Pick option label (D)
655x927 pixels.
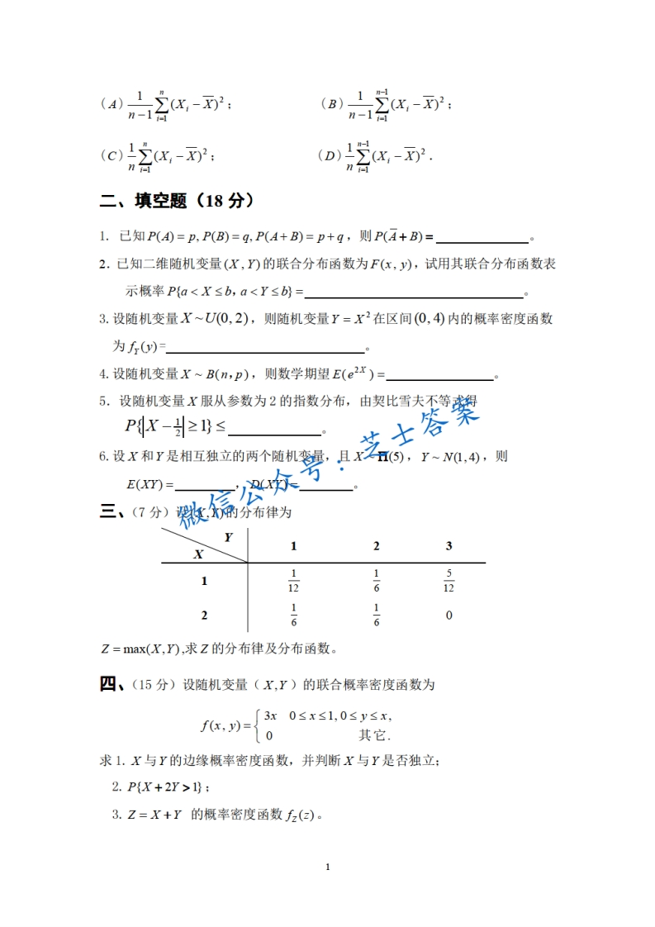tap(329, 155)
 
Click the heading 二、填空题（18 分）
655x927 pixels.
tap(176, 201)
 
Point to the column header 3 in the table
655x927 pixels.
tap(449, 546)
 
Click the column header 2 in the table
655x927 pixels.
tap(377, 546)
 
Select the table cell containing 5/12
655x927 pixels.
tap(449, 581)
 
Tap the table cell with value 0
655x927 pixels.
tap(449, 616)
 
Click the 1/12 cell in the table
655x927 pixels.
tap(294, 581)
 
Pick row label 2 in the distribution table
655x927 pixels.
tap(204, 616)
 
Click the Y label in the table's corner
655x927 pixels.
tap(228, 536)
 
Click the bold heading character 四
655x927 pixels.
tap(110, 684)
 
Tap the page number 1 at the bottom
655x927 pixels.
tap(328, 867)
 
